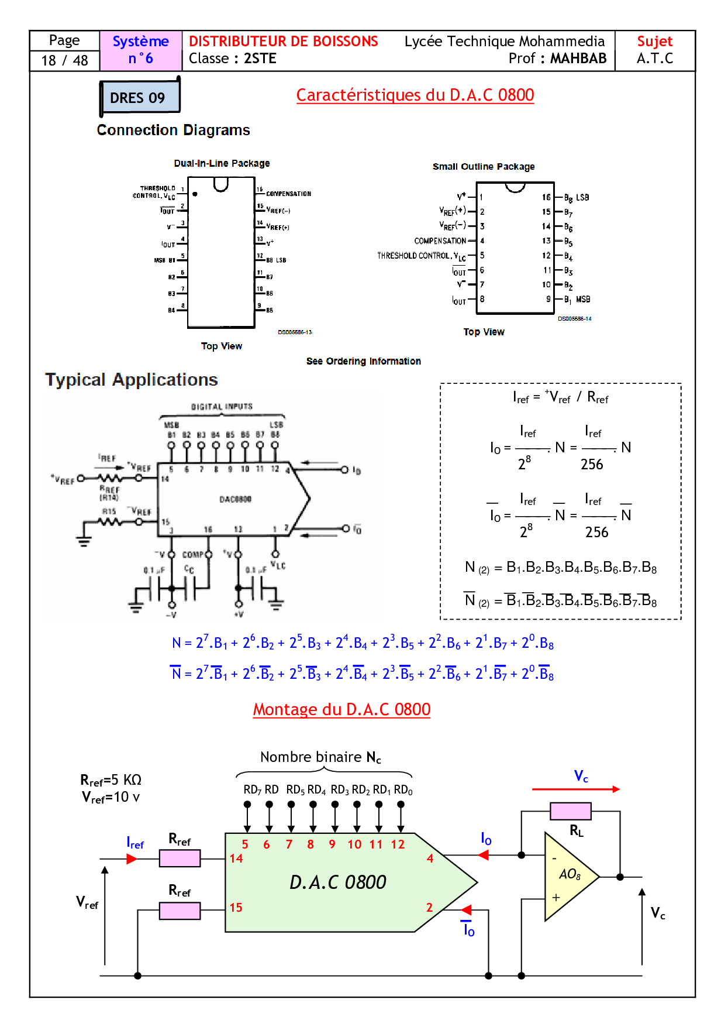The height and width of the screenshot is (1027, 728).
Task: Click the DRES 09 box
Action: tap(139, 97)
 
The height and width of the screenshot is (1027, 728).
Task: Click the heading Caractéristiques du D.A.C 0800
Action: tap(415, 95)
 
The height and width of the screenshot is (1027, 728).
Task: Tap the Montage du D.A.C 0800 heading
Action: tap(341, 709)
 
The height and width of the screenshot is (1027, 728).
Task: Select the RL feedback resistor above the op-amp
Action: tap(570, 811)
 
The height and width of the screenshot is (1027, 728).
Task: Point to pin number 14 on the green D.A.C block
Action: tap(236, 858)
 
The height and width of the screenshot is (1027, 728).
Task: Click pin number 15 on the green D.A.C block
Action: tap(236, 908)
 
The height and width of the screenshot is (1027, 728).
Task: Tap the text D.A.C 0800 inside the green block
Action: tap(338, 882)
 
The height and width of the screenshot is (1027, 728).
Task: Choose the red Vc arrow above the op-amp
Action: tap(575, 789)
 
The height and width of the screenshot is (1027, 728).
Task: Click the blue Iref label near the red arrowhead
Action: tap(135, 843)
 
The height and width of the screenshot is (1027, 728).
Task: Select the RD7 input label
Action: tap(252, 790)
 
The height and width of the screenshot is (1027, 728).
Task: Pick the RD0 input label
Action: tap(403, 790)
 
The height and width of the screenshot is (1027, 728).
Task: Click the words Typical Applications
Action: tap(132, 380)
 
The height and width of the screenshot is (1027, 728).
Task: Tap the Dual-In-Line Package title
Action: tap(222, 163)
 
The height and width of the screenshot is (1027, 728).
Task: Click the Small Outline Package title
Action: tap(484, 167)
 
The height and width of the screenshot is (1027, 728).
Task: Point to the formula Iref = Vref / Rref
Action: tap(560, 398)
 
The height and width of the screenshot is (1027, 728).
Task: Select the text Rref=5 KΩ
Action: tap(111, 780)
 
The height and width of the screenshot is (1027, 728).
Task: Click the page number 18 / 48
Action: tap(64, 60)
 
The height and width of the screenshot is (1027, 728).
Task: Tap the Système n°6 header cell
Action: tap(140, 50)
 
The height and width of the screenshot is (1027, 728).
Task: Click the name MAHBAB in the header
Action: tap(578, 59)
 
